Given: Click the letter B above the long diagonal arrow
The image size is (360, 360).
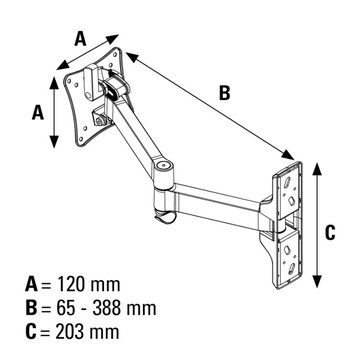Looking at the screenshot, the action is coord(225,93).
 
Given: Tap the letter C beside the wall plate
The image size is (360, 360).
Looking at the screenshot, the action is coord(330,232).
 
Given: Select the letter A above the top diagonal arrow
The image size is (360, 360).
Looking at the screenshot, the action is coord(80,38).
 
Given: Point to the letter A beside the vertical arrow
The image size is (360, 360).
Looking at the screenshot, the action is coord(38,112).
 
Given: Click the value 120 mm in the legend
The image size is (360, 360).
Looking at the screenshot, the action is coord(89,285).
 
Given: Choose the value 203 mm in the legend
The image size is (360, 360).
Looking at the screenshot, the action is coord(87,332).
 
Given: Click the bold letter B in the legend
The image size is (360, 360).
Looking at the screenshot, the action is coord(31,308).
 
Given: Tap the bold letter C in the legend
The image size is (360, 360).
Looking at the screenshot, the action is coord(31,332).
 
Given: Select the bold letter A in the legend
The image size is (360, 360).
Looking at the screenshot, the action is coord(32,285).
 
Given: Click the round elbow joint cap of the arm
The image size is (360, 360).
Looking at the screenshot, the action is coord(163,165).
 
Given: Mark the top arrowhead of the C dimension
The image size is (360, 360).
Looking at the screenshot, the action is coord(318,169).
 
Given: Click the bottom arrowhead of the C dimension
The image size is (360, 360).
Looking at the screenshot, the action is coord(318,282).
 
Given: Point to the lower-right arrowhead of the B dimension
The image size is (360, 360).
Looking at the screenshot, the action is coord(288,155).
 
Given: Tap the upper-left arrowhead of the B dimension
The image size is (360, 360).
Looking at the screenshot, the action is coord(132,57).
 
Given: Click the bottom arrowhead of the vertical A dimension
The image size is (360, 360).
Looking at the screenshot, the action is coord(54,142).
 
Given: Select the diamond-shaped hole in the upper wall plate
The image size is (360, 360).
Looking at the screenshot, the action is coord(291,201).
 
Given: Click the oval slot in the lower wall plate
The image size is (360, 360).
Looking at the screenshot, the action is coord(291,268).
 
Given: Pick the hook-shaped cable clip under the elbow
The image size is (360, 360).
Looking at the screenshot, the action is coord(165,217).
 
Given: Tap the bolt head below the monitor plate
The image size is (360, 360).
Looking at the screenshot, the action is coord(99,121).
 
